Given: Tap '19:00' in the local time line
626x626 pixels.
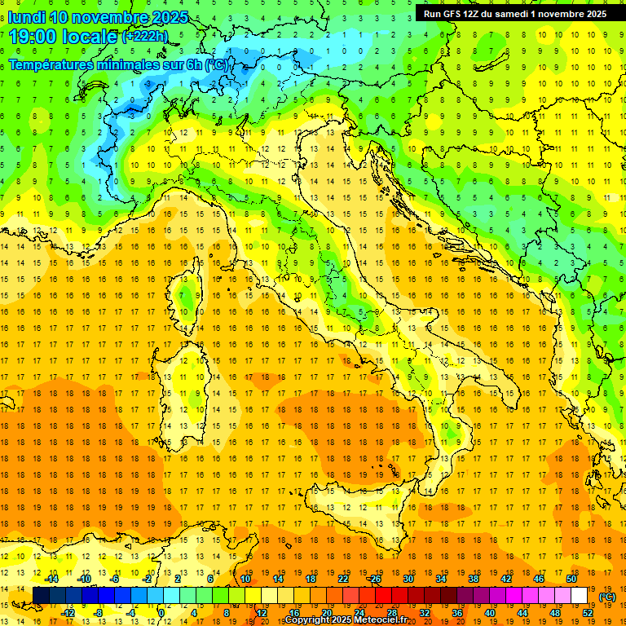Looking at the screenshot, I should coord(32,37).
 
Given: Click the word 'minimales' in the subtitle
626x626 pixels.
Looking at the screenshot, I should coord(130,65).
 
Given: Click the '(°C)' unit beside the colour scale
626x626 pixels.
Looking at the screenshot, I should coord(607,597).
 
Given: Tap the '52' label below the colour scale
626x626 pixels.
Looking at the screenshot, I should coord(588,613).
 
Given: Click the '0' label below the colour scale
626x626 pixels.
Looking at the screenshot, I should coord(161,613).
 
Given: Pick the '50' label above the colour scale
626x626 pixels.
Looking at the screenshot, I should coord(571,579).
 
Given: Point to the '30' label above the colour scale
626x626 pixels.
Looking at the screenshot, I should coord(408,579).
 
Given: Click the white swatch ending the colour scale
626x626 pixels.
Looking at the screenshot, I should coord(580,596).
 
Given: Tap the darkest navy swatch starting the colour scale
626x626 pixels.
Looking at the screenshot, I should coord(41,596).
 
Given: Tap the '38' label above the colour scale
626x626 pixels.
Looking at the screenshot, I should coord(474,579).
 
